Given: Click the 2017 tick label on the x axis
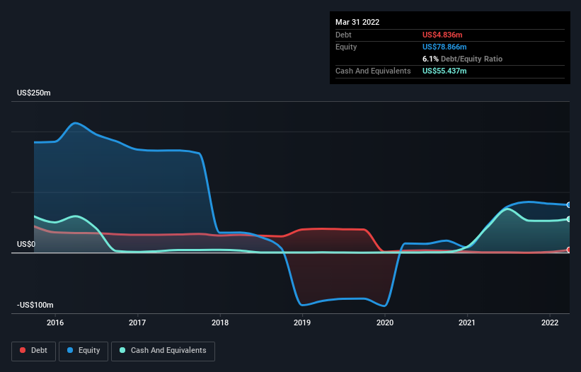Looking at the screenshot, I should [138, 322].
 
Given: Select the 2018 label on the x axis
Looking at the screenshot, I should [220, 322].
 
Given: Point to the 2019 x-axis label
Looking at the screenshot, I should [302, 322].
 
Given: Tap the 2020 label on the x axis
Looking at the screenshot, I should [385, 322].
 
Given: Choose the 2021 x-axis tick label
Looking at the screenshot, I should [467, 322].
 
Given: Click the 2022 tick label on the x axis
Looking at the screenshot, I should [550, 322].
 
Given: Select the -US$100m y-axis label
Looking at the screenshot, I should [35, 305].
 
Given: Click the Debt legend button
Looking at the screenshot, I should [33, 351].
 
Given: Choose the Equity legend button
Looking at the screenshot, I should [84, 351].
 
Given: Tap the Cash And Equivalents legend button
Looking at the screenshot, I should [163, 351].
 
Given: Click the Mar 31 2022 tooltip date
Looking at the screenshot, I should [357, 22].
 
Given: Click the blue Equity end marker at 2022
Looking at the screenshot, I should [569, 204].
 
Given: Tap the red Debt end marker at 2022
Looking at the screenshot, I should [569, 250].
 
